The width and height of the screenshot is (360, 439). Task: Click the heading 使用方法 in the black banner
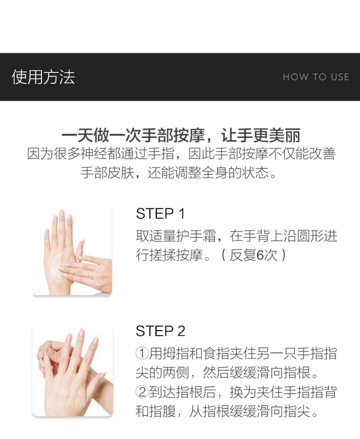[x=43, y=77]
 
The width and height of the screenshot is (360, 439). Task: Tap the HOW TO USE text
[x=316, y=77]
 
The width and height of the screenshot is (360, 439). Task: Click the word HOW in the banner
[x=295, y=77]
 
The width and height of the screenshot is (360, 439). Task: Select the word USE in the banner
[x=340, y=77]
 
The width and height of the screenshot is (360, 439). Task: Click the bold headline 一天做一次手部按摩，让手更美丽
[x=181, y=135]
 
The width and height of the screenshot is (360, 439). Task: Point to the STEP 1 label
[x=160, y=214]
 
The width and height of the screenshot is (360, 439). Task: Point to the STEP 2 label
[x=160, y=331]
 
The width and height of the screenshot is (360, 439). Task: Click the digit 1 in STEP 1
[x=181, y=214]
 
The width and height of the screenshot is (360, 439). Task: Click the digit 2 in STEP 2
[x=181, y=331]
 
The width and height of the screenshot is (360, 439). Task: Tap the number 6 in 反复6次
[x=260, y=255]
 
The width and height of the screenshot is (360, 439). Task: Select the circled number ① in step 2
[x=142, y=353]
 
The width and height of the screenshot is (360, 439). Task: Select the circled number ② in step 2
[x=142, y=392]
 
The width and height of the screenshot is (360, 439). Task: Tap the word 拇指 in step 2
[x=176, y=353]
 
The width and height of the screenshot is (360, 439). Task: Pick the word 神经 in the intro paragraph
[x=94, y=154]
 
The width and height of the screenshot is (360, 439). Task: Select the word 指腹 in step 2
[x=162, y=411]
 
